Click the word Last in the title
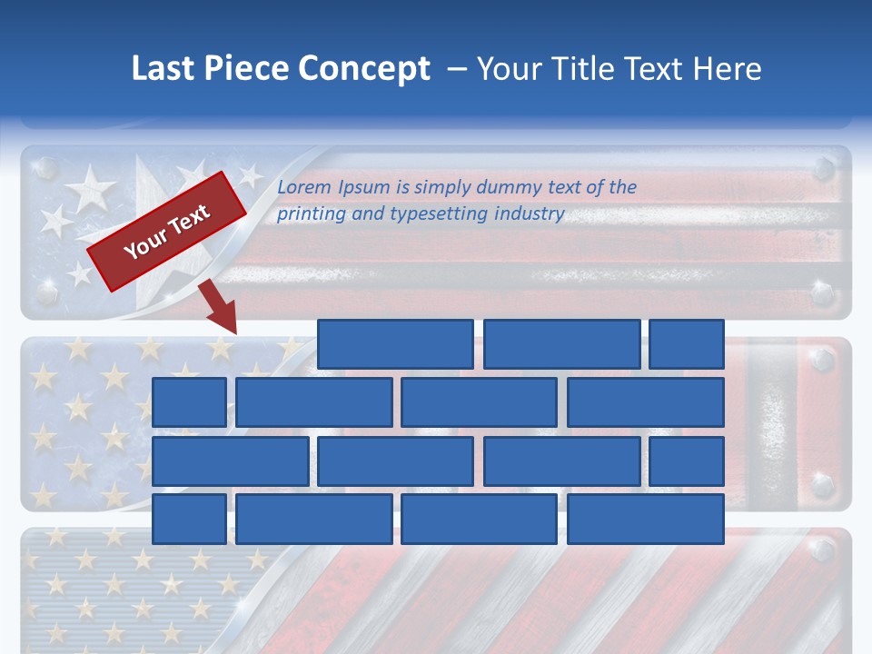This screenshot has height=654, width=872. (x=161, y=69)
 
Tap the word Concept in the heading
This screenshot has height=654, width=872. (x=364, y=69)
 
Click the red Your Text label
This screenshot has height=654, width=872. (x=167, y=232)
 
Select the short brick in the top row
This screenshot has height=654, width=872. (x=687, y=344)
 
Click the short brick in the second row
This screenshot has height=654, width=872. (x=189, y=402)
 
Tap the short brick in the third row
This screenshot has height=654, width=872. (x=687, y=461)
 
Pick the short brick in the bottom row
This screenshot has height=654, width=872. (x=189, y=519)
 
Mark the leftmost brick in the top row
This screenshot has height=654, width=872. (x=395, y=344)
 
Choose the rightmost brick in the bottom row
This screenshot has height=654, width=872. (x=646, y=519)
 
